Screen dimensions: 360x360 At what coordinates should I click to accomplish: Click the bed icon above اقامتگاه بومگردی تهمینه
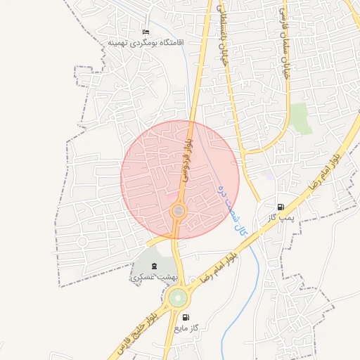tap(146, 32)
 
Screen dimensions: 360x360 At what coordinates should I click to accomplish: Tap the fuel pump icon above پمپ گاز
tap(281, 207)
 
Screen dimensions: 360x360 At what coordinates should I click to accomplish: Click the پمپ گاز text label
tap(279, 218)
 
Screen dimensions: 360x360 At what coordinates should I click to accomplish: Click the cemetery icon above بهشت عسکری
tap(154, 266)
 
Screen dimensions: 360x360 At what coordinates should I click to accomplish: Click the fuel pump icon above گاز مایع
tap(186, 317)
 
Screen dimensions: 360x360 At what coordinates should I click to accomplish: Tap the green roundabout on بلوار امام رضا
tap(178, 297)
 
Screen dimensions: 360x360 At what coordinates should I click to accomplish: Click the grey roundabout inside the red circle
tap(179, 210)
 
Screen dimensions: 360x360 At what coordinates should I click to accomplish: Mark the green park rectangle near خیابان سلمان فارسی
tap(301, 117)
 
